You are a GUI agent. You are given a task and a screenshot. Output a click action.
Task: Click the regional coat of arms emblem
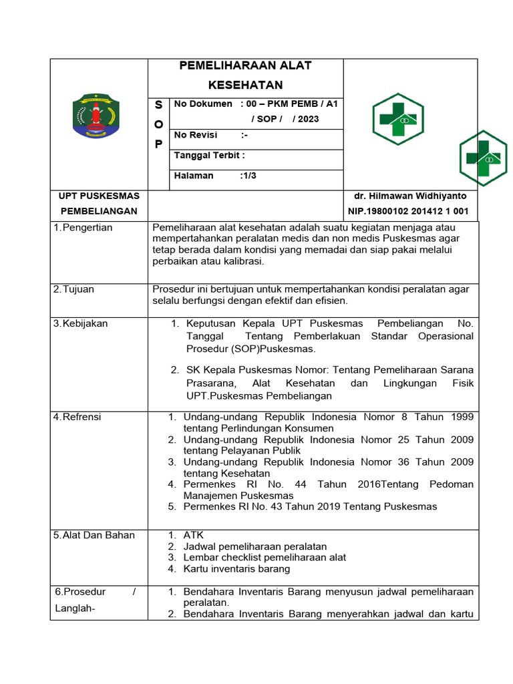pyautogui.click(x=98, y=116)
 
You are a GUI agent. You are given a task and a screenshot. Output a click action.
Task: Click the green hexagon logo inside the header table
pyautogui.click(x=397, y=119)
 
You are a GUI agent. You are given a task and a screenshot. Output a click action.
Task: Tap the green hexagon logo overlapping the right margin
pyautogui.click(x=484, y=158)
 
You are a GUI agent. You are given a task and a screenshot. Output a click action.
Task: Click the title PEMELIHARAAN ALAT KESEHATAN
pyautogui.click(x=245, y=75)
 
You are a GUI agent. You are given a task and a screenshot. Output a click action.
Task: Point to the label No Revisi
pyautogui.click(x=195, y=135)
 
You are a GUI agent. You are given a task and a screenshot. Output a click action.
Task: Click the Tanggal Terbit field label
pyautogui.click(x=209, y=156)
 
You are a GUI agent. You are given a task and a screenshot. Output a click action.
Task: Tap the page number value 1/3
pyautogui.click(x=248, y=176)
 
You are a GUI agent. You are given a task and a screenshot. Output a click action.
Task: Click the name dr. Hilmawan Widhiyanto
pyautogui.click(x=410, y=196)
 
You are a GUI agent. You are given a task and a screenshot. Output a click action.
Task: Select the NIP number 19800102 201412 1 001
pyautogui.click(x=408, y=212)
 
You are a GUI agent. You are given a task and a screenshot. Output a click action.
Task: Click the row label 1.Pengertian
pyautogui.click(x=83, y=228)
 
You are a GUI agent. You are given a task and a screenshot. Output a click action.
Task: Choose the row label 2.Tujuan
pyautogui.click(x=74, y=289)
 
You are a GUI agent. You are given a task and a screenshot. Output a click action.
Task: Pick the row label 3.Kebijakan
pyautogui.click(x=80, y=324)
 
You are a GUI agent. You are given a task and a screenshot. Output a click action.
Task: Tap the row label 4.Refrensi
pyautogui.click(x=77, y=417)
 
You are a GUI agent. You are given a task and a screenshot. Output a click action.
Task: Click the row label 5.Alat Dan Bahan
pyautogui.click(x=94, y=535)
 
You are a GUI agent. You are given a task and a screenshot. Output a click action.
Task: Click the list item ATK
pyautogui.click(x=194, y=535)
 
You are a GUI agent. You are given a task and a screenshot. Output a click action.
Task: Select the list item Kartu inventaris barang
pyautogui.click(x=236, y=569)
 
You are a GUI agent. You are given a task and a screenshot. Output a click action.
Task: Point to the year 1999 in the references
pyautogui.click(x=462, y=417)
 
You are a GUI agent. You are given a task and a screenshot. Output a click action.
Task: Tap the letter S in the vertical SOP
pyautogui.click(x=158, y=104)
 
